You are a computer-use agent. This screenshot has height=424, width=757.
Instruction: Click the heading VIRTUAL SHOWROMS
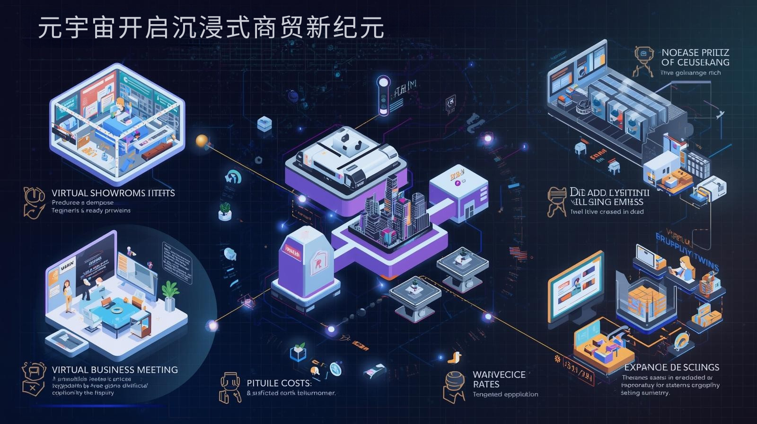click(113, 193)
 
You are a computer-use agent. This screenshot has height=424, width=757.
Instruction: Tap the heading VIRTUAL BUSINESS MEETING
click(115, 370)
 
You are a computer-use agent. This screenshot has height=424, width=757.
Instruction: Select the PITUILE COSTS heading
click(279, 383)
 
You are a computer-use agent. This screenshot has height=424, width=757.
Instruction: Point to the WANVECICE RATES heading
click(499, 379)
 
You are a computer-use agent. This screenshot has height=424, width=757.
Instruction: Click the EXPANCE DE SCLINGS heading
click(671, 367)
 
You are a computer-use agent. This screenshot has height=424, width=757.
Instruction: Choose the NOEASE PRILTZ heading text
click(695, 57)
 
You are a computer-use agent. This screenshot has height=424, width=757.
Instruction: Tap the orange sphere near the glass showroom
click(202, 141)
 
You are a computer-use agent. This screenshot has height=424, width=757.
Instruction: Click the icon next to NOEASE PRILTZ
click(643, 61)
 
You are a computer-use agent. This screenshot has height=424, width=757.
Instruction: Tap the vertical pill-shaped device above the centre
click(382, 96)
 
